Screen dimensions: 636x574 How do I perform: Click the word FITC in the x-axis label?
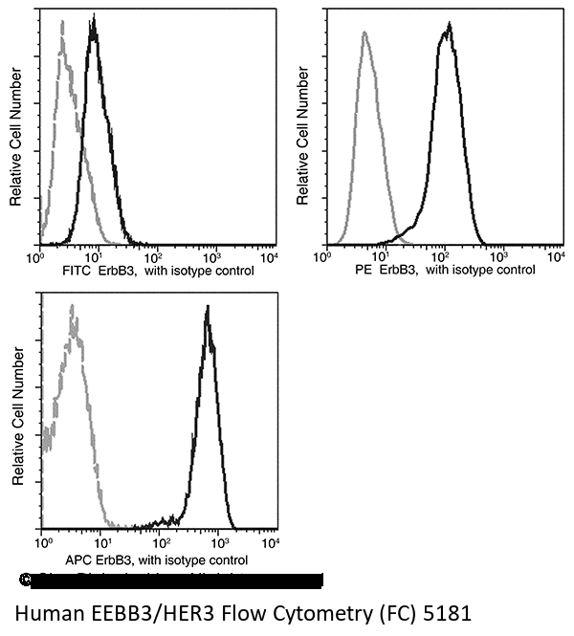pos(74,271)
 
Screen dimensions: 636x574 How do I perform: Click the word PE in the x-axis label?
pos(364,271)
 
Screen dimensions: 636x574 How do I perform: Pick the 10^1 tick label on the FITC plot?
pos(95,257)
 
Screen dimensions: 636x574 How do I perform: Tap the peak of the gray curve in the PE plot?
pos(364,33)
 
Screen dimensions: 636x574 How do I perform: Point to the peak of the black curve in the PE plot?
pos(448,25)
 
